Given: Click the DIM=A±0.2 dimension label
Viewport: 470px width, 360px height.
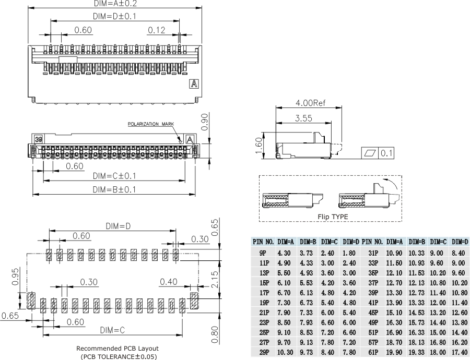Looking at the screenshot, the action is [114, 3].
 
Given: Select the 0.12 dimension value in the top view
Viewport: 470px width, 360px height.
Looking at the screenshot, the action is [157, 30].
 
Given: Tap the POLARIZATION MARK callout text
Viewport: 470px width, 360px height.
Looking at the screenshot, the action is [151, 124].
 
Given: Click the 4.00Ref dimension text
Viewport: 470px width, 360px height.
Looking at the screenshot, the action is [310, 103].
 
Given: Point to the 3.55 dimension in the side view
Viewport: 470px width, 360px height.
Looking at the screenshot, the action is [303, 118].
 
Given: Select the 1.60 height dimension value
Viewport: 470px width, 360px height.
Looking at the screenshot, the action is [259, 146].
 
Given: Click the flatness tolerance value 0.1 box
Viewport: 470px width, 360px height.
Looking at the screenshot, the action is [386, 153].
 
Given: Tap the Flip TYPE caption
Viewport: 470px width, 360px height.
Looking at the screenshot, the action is [333, 217].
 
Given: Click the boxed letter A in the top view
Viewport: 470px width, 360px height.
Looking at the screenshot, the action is [194, 84].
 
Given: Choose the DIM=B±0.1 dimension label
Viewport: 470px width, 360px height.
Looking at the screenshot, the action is [114, 189].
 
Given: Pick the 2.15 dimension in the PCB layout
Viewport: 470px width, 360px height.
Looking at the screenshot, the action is [215, 280].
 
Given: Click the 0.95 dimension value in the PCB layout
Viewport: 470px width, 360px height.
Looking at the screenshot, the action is [15, 277].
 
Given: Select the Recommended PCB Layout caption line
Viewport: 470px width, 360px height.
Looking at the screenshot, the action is [118, 349].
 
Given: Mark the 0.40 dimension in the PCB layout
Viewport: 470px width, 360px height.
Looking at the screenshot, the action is [169, 282].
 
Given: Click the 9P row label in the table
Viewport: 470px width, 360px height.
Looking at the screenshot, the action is [263, 253].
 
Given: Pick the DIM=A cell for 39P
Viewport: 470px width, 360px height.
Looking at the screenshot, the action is [394, 293].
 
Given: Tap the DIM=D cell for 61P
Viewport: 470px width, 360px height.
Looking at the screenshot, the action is [460, 352].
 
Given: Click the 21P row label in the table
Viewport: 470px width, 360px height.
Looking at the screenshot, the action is [264, 313].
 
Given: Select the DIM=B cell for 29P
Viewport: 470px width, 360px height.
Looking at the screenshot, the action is [307, 352].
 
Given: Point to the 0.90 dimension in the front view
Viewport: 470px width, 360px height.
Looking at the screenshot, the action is [205, 122].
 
